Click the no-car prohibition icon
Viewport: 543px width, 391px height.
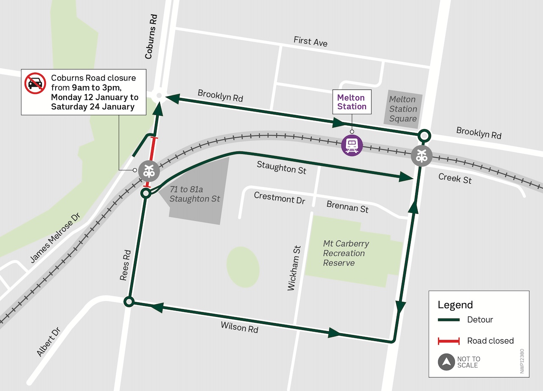click(35, 84)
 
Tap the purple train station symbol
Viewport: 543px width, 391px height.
click(352, 145)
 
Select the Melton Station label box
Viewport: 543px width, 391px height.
click(352, 102)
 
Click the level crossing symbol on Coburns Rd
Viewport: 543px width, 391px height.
click(148, 171)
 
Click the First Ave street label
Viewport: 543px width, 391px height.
click(311, 41)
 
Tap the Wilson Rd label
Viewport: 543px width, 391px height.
click(239, 327)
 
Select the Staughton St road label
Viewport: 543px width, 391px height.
click(281, 167)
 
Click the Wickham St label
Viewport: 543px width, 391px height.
click(294, 268)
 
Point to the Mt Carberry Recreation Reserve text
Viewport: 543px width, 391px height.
click(346, 253)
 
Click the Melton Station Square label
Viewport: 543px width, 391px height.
click(403, 109)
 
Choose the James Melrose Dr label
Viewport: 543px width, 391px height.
click(55, 238)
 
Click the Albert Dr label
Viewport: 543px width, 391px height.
click(48, 342)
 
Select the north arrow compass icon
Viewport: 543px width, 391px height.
click(446, 362)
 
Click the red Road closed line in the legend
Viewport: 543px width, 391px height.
click(449, 341)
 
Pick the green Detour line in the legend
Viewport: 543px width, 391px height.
click(449, 320)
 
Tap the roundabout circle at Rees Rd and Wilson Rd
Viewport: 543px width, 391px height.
click(129, 302)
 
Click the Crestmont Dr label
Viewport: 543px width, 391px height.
click(279, 198)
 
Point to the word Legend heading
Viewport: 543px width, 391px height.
click(455, 304)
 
